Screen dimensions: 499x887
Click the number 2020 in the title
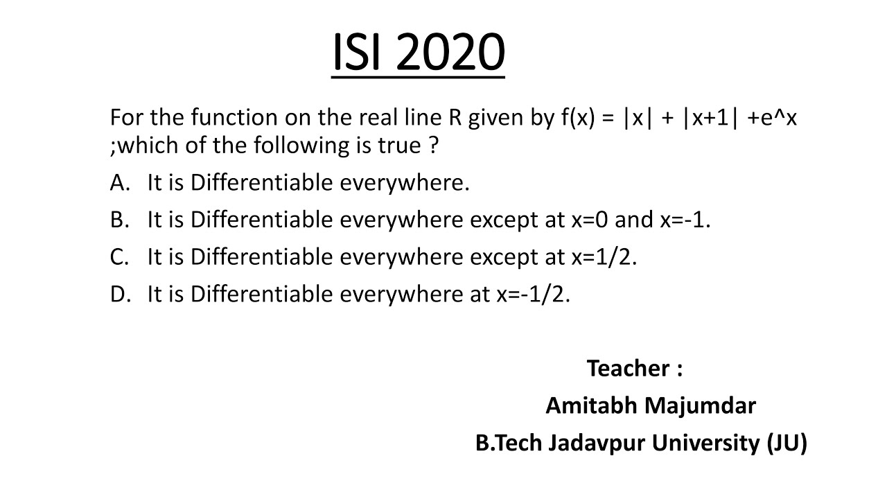pos(451,53)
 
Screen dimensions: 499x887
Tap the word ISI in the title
pos(358,53)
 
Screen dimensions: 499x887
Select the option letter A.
pos(118,183)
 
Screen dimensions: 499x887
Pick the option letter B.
pos(118,220)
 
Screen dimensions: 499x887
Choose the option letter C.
pos(118,257)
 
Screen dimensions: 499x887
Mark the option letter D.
pos(118,294)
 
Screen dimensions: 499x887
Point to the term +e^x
pos(772,118)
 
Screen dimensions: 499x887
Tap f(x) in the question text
pos(577,118)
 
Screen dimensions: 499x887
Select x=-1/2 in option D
pos(533,294)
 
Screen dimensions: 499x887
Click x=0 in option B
pos(590,220)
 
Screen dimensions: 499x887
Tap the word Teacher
pos(628,368)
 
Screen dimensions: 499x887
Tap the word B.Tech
pos(509,442)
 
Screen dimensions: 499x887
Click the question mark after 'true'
pos(434,146)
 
